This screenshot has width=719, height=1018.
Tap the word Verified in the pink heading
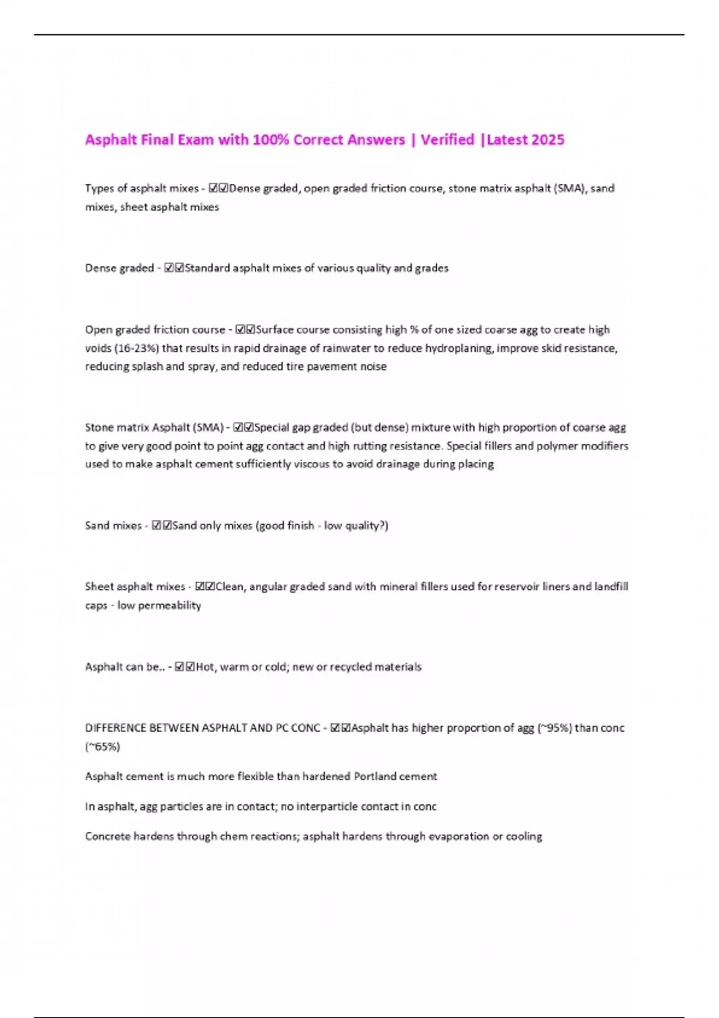tap(447, 140)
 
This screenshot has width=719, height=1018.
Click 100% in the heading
tap(271, 140)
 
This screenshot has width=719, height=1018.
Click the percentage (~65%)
tap(102, 747)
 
